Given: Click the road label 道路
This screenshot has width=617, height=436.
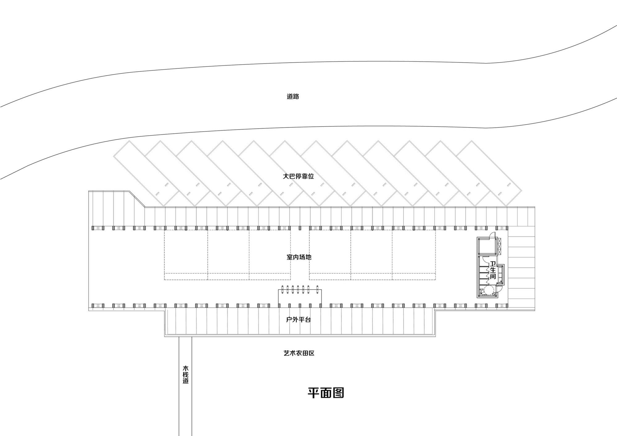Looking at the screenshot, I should (293, 97).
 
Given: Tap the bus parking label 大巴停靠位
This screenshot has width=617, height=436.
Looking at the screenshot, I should (298, 176).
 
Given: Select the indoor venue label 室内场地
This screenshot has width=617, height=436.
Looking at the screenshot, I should (299, 257).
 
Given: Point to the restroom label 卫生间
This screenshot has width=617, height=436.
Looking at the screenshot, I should (493, 270).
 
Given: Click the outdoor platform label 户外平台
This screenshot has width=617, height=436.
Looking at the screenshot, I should (298, 319).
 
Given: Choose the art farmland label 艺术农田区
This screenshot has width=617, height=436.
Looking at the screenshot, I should (299, 353).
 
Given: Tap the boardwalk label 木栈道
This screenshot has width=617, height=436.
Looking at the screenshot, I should (185, 375).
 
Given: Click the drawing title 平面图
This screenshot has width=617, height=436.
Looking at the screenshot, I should (326, 393).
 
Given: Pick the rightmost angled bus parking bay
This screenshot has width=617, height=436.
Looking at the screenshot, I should (489, 173).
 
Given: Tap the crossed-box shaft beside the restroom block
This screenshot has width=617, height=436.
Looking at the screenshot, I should (499, 246).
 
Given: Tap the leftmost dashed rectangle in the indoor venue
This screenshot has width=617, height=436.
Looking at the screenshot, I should (186, 255).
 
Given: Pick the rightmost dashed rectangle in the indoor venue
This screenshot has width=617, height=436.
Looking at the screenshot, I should (414, 255).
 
